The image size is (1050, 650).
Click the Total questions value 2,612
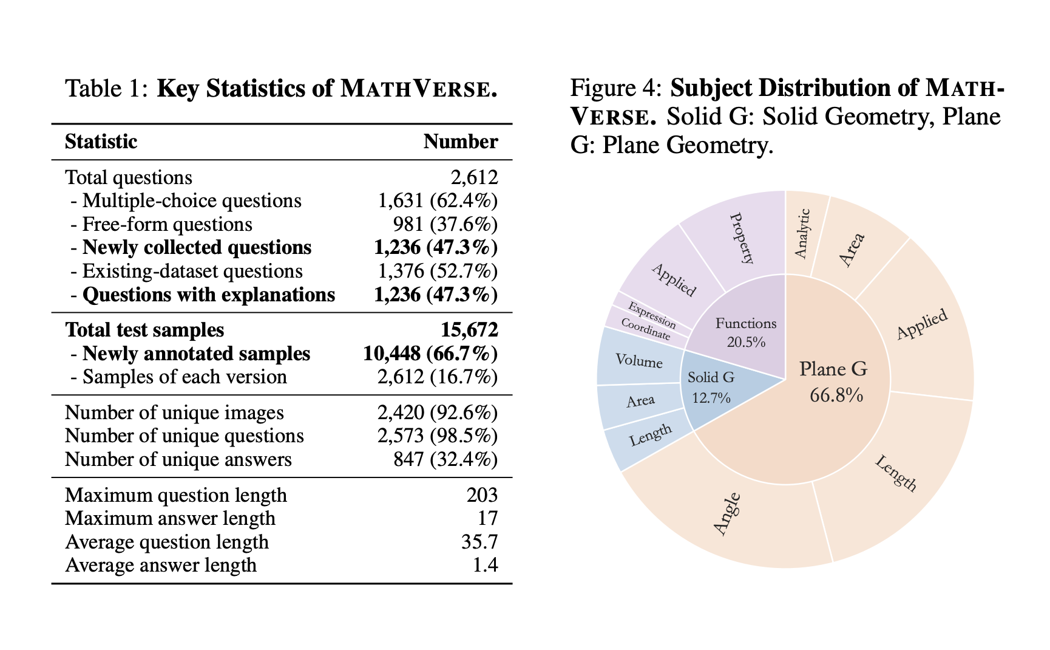tap(474, 177)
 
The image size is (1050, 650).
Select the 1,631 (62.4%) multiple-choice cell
tap(438, 200)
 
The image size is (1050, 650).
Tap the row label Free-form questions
tap(167, 224)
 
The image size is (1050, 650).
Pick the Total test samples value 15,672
tap(469, 330)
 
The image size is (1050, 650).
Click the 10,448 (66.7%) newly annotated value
tap(430, 354)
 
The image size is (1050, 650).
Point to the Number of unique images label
tap(174, 412)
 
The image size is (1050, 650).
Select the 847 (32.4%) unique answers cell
tap(445, 459)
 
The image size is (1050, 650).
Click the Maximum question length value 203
tap(482, 495)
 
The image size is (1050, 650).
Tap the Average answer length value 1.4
tap(485, 565)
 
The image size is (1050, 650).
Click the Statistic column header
tap(101, 142)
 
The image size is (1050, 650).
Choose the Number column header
tap(461, 142)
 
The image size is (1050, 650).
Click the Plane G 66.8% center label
tap(835, 381)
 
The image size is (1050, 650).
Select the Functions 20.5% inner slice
tap(746, 332)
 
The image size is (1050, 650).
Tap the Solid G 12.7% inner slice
tap(711, 386)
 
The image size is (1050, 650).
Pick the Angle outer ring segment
tap(727, 514)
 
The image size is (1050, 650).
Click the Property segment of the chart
tap(741, 238)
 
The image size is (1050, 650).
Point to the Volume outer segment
tap(638, 361)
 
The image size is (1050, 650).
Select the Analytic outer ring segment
tap(802, 233)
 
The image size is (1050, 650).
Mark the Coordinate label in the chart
tap(646, 329)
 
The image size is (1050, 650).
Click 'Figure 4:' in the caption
tap(616, 89)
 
